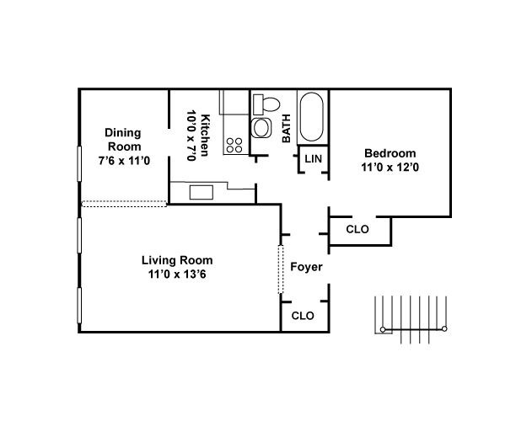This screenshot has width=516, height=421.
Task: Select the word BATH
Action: coord(287,128)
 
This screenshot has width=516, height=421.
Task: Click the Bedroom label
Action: coord(390,153)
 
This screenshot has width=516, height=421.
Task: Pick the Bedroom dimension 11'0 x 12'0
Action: coord(390,168)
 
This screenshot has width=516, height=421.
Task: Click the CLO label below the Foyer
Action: coord(302,316)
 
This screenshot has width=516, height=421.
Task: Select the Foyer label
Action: coord(305,268)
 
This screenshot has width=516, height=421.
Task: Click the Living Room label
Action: coord(177,259)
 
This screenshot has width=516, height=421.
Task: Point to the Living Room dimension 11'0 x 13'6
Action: coord(177,274)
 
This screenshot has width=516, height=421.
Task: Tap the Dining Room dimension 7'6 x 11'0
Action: coord(123,161)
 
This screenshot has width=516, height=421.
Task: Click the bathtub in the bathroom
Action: coord(312,117)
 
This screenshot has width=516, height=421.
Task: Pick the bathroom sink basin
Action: coord(262,129)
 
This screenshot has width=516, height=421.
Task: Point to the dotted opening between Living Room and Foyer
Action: coord(281,269)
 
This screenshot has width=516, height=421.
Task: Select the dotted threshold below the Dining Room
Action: coord(124,204)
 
